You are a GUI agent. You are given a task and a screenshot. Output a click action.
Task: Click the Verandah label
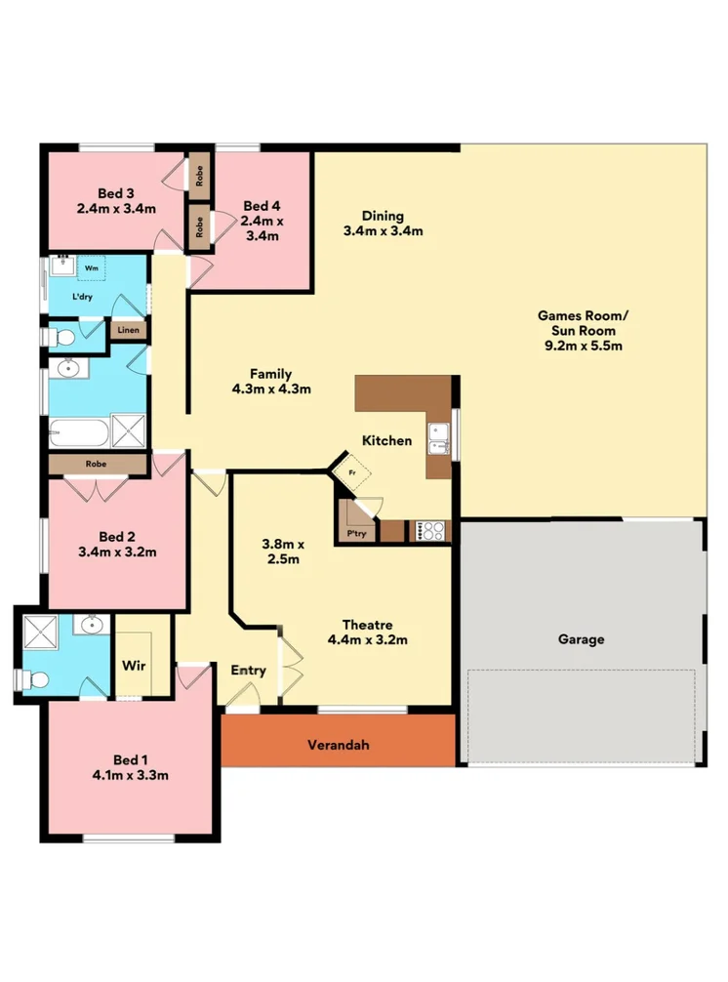tap(338, 745)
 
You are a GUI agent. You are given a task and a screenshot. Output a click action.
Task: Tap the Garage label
tap(581, 640)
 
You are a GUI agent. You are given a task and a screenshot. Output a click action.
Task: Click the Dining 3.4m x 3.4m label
tap(383, 224)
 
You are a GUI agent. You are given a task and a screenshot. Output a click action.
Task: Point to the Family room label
tap(270, 381)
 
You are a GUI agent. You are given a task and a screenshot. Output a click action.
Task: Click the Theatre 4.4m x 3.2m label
tap(367, 633)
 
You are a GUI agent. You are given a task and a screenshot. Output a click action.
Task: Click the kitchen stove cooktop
tap(431, 531)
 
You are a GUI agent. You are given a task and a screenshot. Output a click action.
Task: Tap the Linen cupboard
tap(128, 331)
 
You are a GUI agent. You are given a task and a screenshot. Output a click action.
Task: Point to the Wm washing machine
tap(92, 266)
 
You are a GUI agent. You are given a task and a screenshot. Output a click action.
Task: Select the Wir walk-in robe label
tap(134, 666)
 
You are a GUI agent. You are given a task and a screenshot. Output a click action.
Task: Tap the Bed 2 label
tap(116, 544)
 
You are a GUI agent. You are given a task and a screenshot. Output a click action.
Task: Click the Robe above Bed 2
tap(96, 465)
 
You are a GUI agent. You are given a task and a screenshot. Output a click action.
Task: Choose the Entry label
tap(248, 671)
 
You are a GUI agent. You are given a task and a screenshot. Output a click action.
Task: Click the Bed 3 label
tap(116, 200)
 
